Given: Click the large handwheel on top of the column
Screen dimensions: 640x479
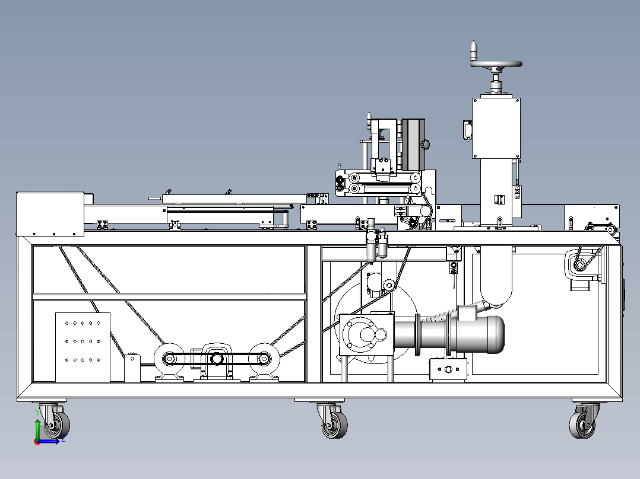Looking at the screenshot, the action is pyautogui.click(x=496, y=64).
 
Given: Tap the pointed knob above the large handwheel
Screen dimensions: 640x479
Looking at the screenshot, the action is pyautogui.click(x=474, y=50).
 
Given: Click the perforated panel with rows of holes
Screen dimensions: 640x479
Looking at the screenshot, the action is pyautogui.click(x=83, y=347).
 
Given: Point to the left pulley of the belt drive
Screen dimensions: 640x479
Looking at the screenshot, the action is pyautogui.click(x=169, y=359).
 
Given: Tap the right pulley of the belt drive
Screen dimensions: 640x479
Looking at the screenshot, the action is pyautogui.click(x=264, y=359).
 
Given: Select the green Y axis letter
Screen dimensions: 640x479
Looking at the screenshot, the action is pyautogui.click(x=37, y=413).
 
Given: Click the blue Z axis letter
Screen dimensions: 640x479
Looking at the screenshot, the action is pyautogui.click(x=64, y=439).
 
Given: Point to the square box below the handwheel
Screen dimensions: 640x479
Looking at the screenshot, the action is pyautogui.click(x=496, y=128).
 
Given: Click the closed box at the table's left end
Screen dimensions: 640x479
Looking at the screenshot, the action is pyautogui.click(x=50, y=214).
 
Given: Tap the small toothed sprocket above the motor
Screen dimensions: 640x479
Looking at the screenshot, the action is pyautogui.click(x=389, y=285).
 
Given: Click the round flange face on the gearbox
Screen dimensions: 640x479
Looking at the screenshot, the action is pyautogui.click(x=360, y=335).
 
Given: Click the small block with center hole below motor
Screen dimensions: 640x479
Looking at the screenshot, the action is pyautogui.click(x=448, y=369).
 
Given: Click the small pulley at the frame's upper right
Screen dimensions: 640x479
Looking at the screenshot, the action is pyautogui.click(x=579, y=265).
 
